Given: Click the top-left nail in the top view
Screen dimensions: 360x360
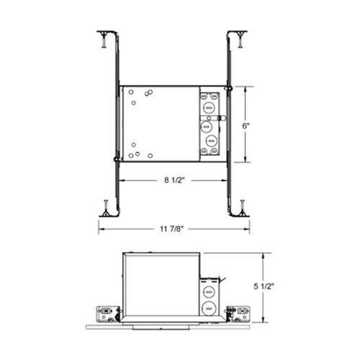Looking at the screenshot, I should (x=104, y=41).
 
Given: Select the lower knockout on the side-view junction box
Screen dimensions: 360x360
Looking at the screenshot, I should (x=210, y=310).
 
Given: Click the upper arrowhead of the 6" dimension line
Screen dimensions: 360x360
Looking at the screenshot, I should (x=248, y=88).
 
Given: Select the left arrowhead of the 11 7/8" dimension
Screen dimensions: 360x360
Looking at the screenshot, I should (x=101, y=230).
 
